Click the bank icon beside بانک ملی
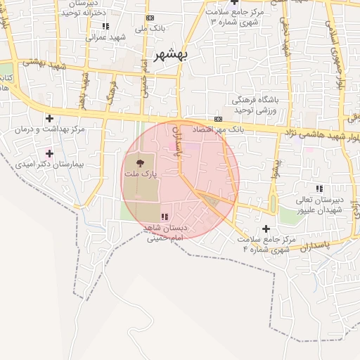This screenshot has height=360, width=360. pyautogui.click(x=149, y=18)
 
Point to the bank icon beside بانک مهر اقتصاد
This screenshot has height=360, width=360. pyautogui.click(x=219, y=119)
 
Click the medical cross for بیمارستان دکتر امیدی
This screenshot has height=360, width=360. pyautogui.click(x=49, y=153)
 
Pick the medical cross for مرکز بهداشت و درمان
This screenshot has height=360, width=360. pyautogui.click(x=49, y=119)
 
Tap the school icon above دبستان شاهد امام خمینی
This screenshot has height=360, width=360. pyautogui.click(x=164, y=217)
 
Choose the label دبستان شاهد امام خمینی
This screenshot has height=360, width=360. pyautogui.click(x=164, y=233)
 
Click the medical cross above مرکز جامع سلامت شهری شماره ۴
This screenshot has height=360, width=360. pyautogui.click(x=266, y=229)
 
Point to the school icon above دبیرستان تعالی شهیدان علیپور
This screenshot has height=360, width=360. pyautogui.click(x=320, y=188)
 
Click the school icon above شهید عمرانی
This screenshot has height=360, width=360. pyautogui.click(x=105, y=27)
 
